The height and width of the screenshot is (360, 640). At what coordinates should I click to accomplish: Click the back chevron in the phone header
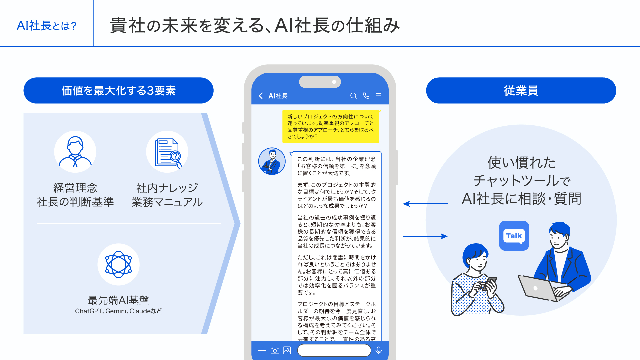coord(261,96)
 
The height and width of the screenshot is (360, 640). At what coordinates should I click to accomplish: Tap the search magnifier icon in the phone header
coord(353,96)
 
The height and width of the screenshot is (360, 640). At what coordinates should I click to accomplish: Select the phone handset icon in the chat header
coord(366,96)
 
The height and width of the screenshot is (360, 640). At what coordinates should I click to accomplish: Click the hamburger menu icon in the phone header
coord(379,96)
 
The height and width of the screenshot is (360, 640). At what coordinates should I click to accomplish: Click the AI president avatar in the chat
coord(272,161)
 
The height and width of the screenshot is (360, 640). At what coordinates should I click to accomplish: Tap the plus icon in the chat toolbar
coord(262,350)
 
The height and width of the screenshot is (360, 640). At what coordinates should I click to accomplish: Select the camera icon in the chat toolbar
coord(275,350)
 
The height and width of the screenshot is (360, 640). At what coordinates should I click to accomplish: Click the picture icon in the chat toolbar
coord(287,350)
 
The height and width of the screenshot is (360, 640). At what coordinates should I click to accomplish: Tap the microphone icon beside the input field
coord(379,350)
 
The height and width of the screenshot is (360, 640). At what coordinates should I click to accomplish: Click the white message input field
coord(334,350)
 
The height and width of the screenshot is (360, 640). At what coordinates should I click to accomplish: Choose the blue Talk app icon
coord(514,236)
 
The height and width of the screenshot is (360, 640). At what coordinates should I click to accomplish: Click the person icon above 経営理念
coord(75,152)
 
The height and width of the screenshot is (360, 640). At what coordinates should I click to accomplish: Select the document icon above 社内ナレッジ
coord(167,152)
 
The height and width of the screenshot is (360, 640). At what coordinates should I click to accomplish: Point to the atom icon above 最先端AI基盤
coord(118,264)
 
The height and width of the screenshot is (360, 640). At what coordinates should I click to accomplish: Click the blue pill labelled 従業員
coord(521,91)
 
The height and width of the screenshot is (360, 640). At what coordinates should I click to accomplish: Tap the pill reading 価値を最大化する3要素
coord(118,91)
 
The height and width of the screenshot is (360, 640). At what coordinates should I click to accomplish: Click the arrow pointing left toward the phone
coord(425,204)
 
